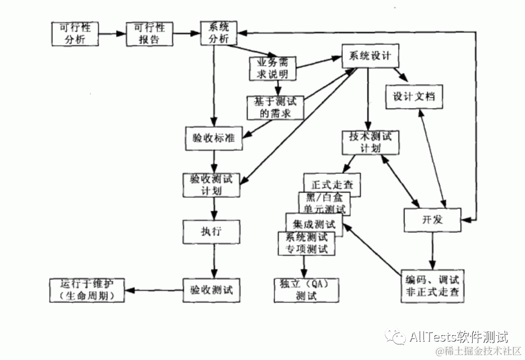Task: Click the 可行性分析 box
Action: [x=75, y=34]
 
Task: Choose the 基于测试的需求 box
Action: [x=275, y=107]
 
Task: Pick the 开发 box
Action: [x=433, y=220]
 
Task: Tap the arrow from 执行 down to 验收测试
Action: [x=214, y=260]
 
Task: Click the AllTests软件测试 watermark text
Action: [x=458, y=338]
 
